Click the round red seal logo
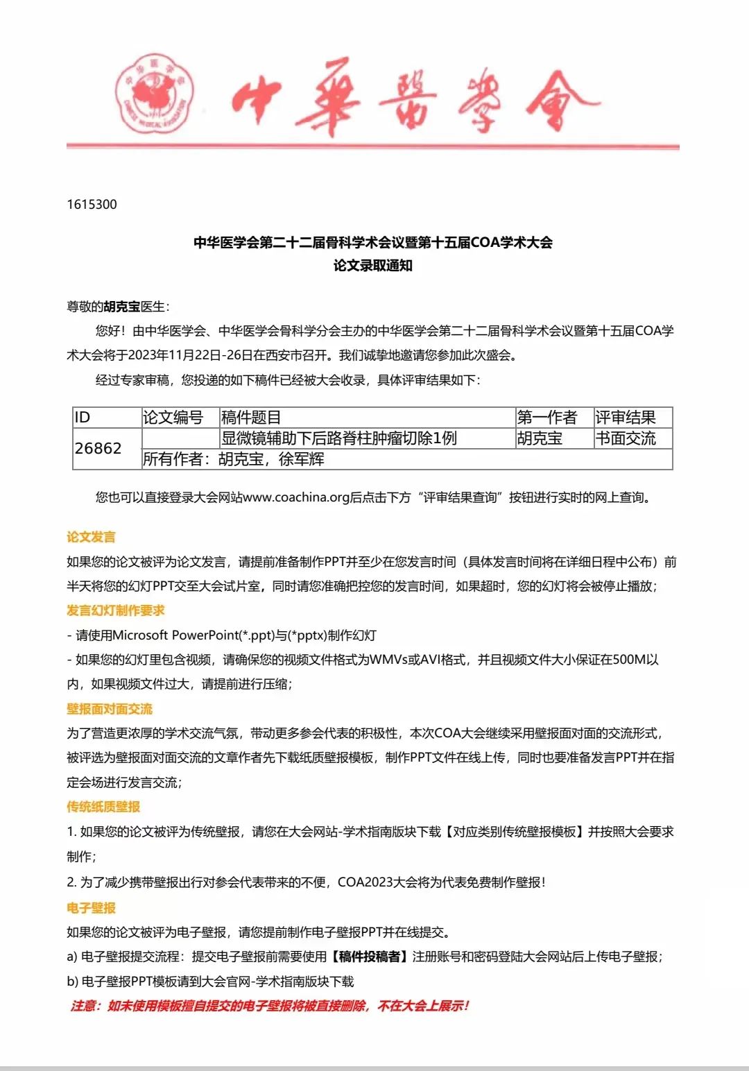pyautogui.click(x=154, y=94)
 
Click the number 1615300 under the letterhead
pyautogui.click(x=92, y=205)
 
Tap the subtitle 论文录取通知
pyautogui.click(x=373, y=266)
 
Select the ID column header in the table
pyautogui.click(x=83, y=418)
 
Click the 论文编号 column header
pyautogui.click(x=173, y=418)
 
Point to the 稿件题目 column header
pyautogui.click(x=251, y=418)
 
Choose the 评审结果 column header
pyautogui.click(x=626, y=418)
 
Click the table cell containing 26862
pyautogui.click(x=98, y=449)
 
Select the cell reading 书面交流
pyautogui.click(x=626, y=438)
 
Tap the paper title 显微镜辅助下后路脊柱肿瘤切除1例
pyautogui.click(x=339, y=438)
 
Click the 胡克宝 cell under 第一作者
pyautogui.click(x=540, y=438)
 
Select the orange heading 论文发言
pyautogui.click(x=91, y=537)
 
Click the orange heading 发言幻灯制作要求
pyautogui.click(x=116, y=610)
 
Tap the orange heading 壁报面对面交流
pyautogui.click(x=110, y=709)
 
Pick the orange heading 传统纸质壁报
pyautogui.click(x=103, y=807)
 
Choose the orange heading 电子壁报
pyautogui.click(x=91, y=908)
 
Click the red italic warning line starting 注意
pyautogui.click(x=270, y=1006)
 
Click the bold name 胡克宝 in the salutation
pyautogui.click(x=122, y=307)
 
